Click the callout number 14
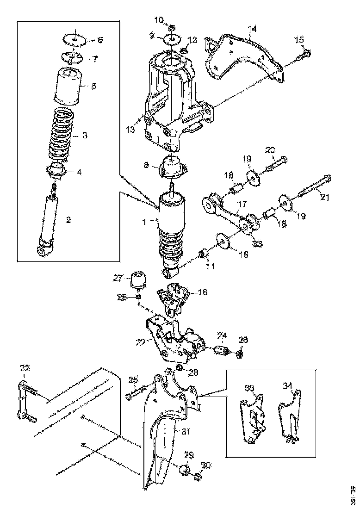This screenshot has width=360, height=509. (x=251, y=29)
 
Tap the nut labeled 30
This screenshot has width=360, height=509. (x=197, y=476)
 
